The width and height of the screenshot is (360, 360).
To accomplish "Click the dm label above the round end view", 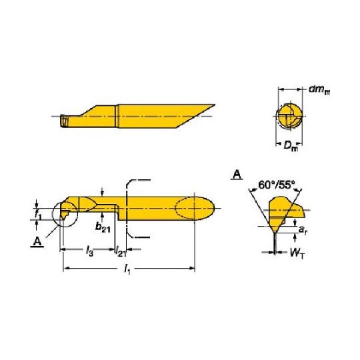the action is [319, 90].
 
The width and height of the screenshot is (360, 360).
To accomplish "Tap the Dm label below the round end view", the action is [290, 146].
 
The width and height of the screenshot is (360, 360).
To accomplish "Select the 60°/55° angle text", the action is [277, 185].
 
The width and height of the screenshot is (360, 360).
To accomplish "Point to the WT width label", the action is [297, 253].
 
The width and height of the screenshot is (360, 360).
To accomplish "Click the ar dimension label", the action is [303, 229].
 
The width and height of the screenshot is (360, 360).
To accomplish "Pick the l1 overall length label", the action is [127, 269].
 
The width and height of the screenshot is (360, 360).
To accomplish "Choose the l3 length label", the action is [89, 251].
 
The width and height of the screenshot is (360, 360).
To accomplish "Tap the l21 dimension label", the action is [121, 251].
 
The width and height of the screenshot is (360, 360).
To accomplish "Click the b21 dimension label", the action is [103, 227].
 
